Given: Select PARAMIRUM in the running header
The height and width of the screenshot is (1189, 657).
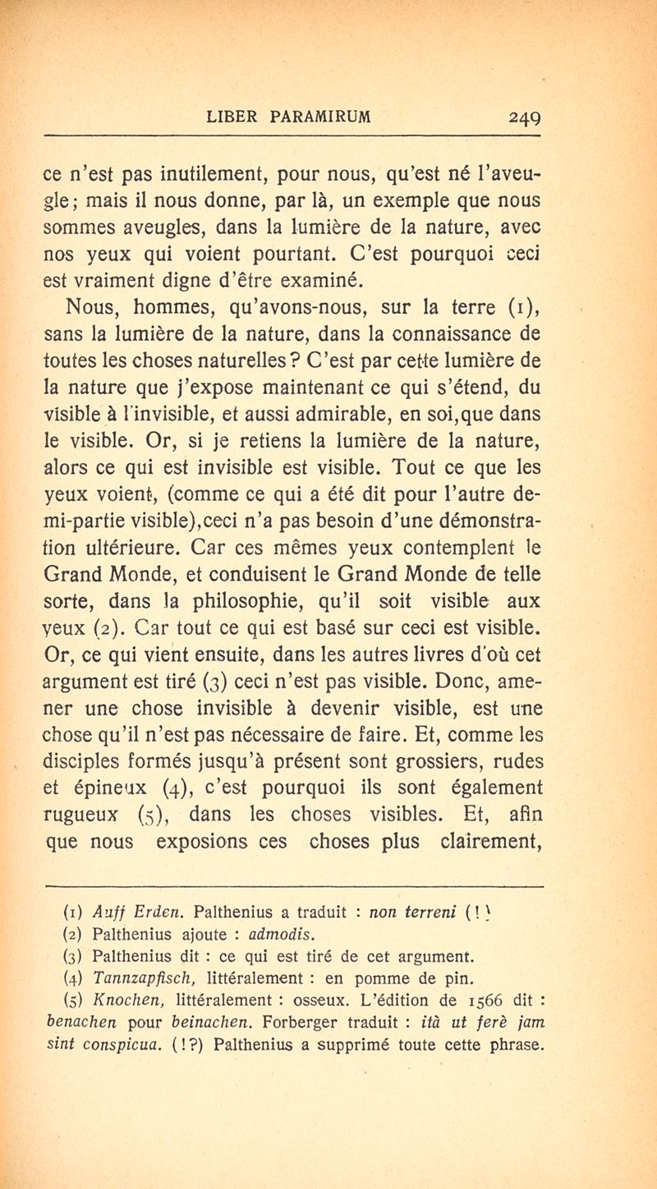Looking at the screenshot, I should coord(323,117).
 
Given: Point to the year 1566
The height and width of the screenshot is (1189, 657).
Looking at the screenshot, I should coord(482,1001).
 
